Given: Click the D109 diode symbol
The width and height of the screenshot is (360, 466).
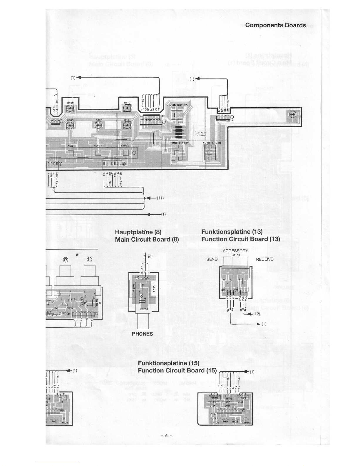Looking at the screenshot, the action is point(70,108).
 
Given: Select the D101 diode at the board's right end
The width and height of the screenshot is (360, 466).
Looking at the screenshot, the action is point(292,115).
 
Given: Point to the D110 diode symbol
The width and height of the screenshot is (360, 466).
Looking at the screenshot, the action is point(127,108).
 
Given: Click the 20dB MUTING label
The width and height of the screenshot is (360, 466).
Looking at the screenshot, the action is point(178,105).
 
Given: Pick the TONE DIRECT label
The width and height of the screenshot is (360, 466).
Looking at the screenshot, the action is point(180,143).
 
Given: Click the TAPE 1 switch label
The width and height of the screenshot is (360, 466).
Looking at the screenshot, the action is point(97,146).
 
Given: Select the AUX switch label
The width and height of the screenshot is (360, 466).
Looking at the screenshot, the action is point(70,146).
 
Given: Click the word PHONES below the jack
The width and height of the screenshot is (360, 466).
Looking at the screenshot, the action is point(142,334).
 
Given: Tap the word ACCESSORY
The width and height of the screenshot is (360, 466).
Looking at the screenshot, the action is point(235,251).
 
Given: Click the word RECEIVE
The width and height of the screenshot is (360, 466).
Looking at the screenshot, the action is point(264,259).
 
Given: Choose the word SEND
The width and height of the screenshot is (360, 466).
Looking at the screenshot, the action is point(212,259).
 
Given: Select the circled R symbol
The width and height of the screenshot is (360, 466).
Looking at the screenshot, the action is point(66,259).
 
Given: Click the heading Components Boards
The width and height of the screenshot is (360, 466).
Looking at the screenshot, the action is point(275,25).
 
